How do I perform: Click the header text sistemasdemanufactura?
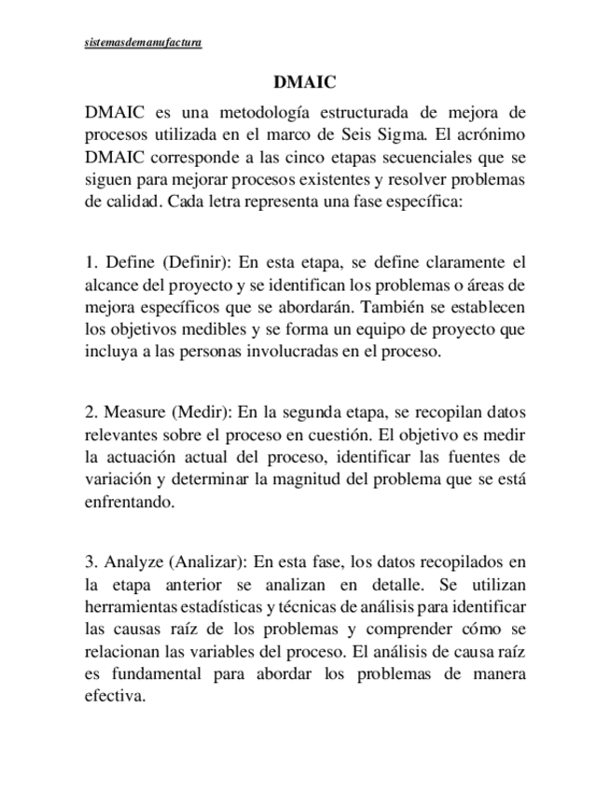point(143,43)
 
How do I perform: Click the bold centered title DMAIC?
point(304,83)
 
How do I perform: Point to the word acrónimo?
point(493,135)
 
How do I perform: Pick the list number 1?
point(90,263)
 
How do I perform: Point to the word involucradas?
point(296,351)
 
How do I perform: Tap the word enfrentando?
point(130,502)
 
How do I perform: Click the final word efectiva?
point(116,696)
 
